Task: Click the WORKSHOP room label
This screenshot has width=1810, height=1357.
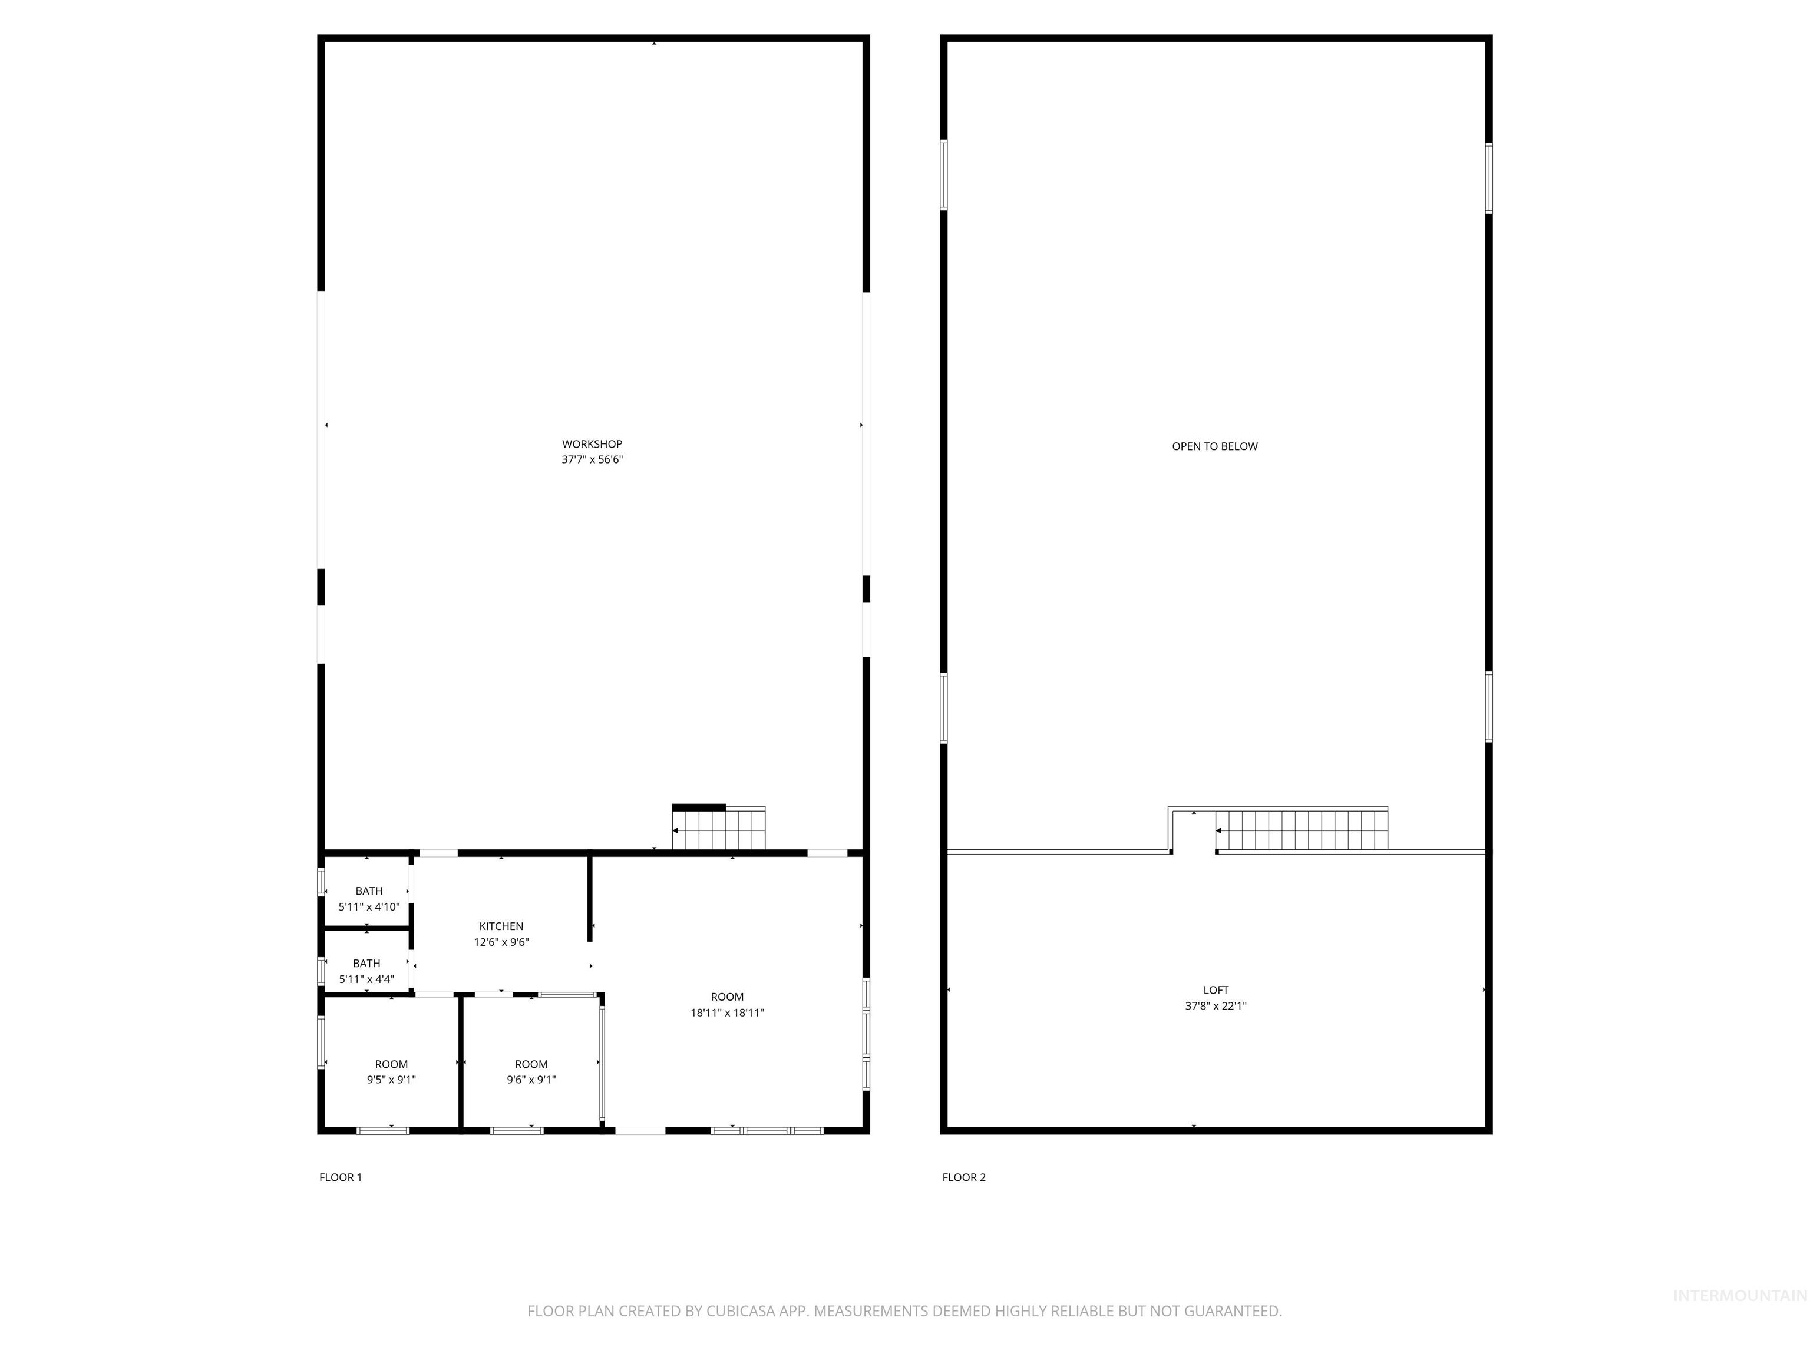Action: [592, 444]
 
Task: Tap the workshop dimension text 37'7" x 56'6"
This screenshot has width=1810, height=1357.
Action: [592, 459]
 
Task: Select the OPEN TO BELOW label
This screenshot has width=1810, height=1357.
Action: [1214, 446]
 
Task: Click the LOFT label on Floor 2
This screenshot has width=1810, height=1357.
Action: [1216, 989]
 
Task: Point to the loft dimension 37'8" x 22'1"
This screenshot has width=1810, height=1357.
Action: [1216, 1006]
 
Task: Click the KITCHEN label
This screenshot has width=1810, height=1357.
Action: [501, 926]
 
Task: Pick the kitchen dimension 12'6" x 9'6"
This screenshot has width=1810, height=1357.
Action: [501, 942]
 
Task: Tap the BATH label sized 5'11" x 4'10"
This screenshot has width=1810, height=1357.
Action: [369, 891]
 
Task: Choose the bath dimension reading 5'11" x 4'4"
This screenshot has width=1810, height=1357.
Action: [366, 979]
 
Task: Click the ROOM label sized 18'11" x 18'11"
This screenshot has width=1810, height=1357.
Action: [726, 997]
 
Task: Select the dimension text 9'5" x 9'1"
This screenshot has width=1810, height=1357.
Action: [391, 1080]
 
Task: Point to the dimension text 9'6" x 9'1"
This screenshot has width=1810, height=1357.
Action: [531, 1080]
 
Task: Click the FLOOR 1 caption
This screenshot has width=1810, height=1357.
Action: [341, 1177]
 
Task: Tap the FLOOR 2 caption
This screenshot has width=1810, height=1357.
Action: [964, 1177]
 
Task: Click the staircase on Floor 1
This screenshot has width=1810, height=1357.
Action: [718, 829]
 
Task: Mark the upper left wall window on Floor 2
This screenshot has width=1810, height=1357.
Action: [943, 175]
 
